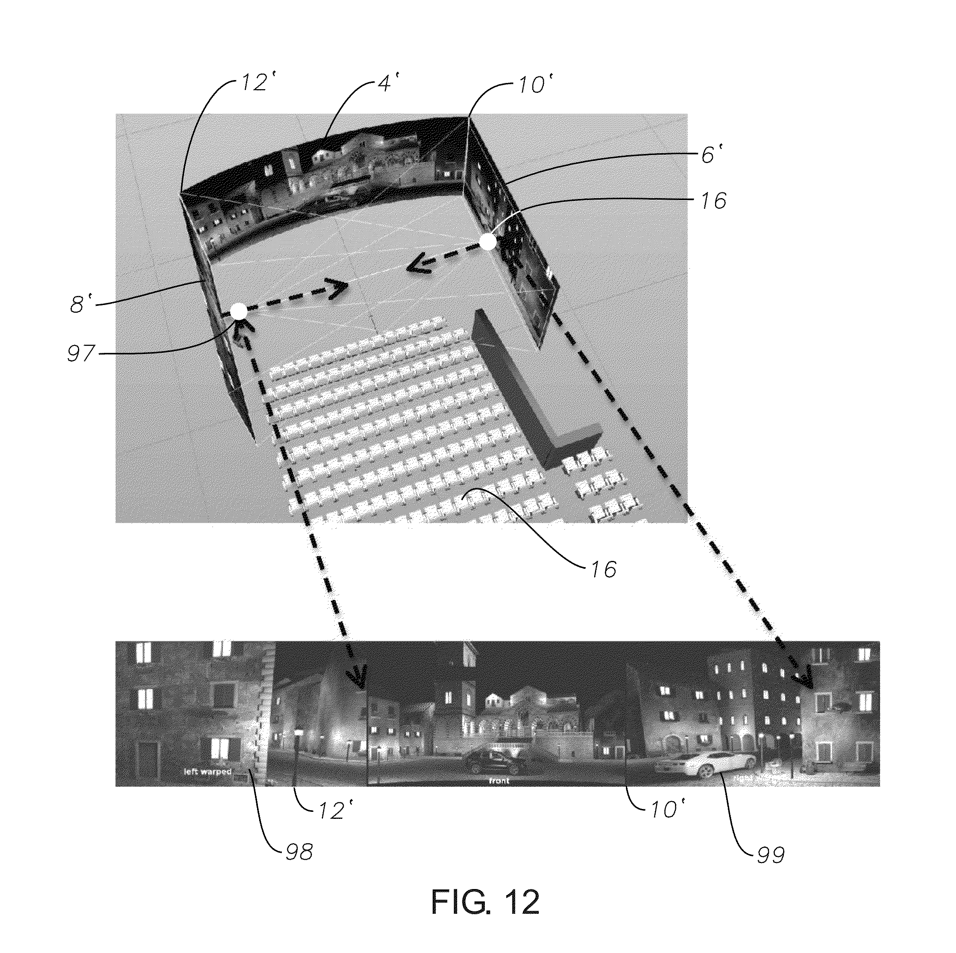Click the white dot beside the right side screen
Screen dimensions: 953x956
click(x=487, y=242)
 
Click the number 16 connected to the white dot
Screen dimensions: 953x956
click(x=713, y=201)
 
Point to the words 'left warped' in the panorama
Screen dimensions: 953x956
click(x=207, y=771)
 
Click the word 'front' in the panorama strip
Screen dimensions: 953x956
click(x=499, y=781)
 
